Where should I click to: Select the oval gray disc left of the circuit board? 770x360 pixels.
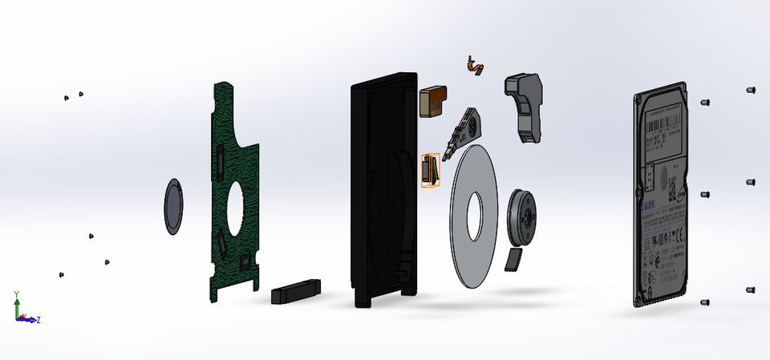tap(174, 207)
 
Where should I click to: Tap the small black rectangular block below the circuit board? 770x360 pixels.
tap(297, 290)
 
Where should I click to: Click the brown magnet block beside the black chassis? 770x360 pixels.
tap(434, 102)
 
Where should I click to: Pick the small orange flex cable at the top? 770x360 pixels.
tap(473, 65)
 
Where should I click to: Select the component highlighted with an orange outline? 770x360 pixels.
tap(431, 171)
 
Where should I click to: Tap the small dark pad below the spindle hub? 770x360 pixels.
tap(513, 259)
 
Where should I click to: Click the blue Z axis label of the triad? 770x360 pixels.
tap(38, 320)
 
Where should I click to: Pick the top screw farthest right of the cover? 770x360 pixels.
tap(751, 90)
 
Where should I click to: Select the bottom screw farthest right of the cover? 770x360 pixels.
tap(751, 289)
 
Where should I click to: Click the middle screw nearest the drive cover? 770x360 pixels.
tap(705, 195)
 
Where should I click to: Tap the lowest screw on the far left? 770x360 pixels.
tap(62, 274)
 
